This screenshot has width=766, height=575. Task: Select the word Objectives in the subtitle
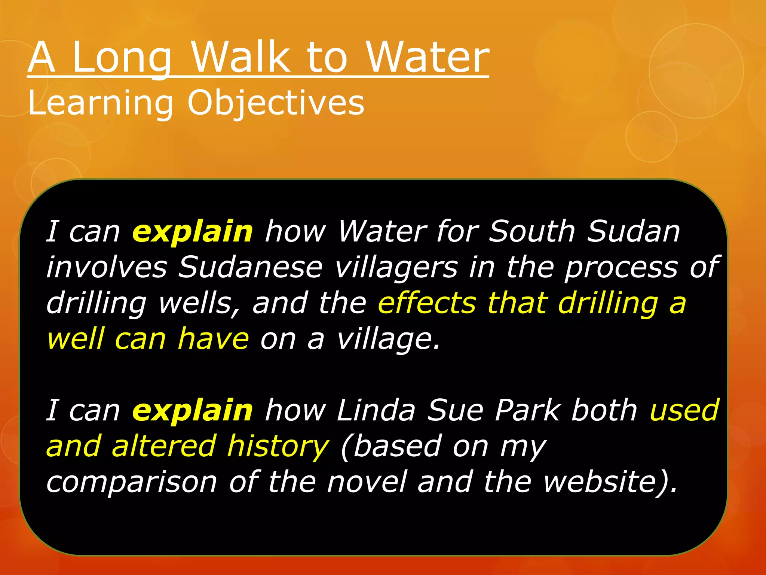pos(276,103)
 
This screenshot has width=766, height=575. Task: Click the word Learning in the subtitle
pos(100,103)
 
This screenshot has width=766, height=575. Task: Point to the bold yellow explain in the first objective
pos(193,232)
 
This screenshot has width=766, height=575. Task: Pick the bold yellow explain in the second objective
pos(193,410)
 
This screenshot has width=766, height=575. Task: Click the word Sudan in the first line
pos(633,232)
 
